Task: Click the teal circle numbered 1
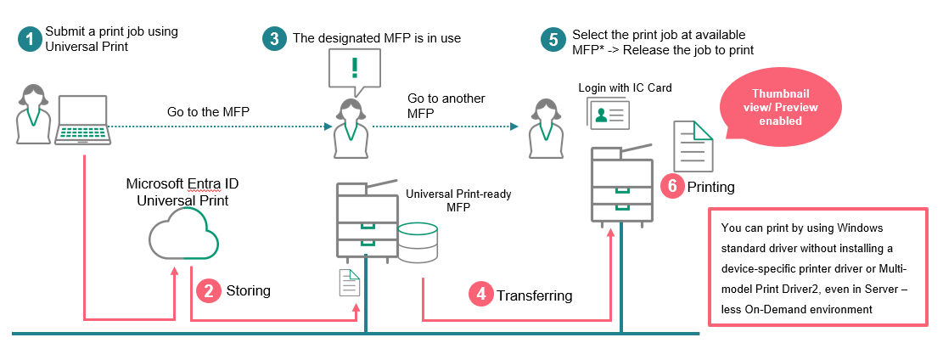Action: [31, 39]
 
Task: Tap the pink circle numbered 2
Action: [208, 291]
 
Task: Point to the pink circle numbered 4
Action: [481, 295]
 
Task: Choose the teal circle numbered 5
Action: [554, 39]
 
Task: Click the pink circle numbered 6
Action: [672, 186]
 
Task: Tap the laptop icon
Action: [81, 121]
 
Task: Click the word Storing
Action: [248, 291]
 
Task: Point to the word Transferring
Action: [534, 295]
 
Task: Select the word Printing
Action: [710, 187]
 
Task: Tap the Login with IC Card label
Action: [619, 87]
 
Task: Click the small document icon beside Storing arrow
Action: [349, 283]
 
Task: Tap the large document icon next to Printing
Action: [693, 145]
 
